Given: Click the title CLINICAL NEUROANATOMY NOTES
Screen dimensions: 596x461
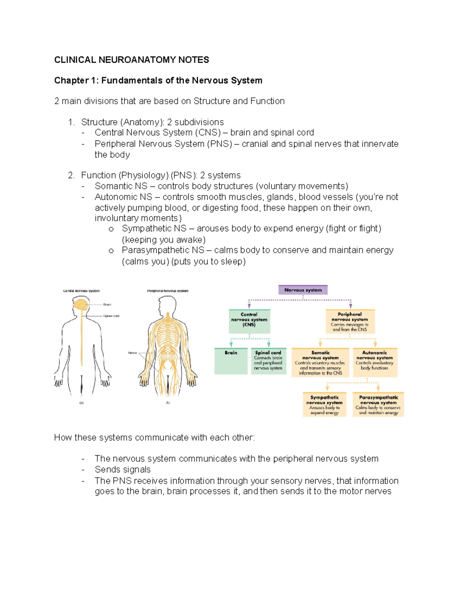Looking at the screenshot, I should pyautogui.click(x=131, y=60).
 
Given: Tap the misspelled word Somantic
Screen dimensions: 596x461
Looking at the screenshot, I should pyautogui.click(x=114, y=186).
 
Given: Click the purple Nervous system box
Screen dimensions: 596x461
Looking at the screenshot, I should pyautogui.click(x=303, y=290).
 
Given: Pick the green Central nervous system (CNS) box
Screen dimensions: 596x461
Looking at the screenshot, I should pyautogui.click(x=249, y=321).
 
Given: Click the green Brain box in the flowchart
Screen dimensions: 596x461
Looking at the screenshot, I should pyautogui.click(x=231, y=361).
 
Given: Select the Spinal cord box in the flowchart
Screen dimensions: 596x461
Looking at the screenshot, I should pyautogui.click(x=268, y=361).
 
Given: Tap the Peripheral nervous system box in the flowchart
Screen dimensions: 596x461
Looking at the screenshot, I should pyautogui.click(x=350, y=321).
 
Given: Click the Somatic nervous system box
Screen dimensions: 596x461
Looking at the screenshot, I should pyautogui.click(x=320, y=362).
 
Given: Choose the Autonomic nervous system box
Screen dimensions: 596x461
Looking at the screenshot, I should pyautogui.click(x=375, y=362).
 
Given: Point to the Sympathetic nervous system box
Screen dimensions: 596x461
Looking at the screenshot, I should pyautogui.click(x=325, y=404).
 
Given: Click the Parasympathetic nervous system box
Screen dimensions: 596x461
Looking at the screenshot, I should pyautogui.click(x=378, y=404).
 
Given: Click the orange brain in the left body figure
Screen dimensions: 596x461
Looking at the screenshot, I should pyautogui.click(x=81, y=305).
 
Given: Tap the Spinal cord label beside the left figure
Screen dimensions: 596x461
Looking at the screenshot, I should pyautogui.click(x=111, y=316).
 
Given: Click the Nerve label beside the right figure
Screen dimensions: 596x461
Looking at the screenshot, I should pyautogui.click(x=133, y=353).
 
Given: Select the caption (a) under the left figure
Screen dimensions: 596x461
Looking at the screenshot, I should pyautogui.click(x=81, y=403).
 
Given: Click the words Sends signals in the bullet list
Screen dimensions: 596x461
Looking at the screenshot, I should pyautogui.click(x=123, y=470).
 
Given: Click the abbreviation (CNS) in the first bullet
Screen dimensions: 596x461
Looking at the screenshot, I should pyautogui.click(x=207, y=133).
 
